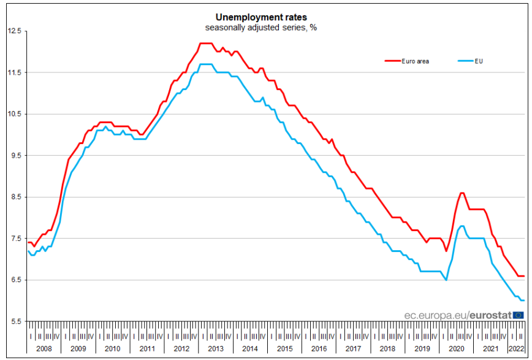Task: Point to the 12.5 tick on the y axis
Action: point(14,31)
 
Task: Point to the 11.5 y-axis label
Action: point(14,73)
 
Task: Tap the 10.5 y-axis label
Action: point(14,114)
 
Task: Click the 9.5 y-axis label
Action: point(15,156)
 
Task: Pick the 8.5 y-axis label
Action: point(15,197)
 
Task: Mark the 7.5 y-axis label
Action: point(15,239)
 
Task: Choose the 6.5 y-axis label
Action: point(15,280)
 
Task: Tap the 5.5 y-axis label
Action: point(15,321)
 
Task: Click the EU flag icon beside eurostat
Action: point(519,315)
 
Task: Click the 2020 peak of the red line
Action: point(462,193)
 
